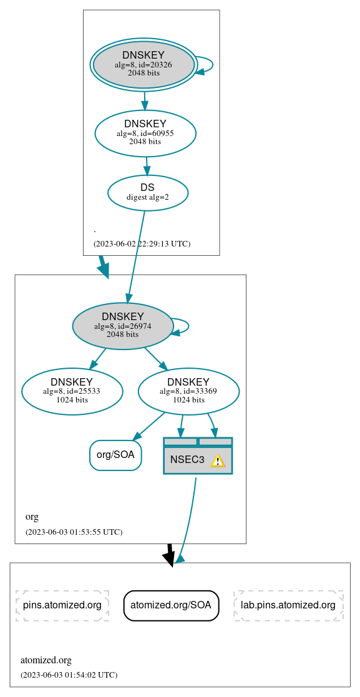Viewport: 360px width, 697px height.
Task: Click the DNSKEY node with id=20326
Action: (144, 64)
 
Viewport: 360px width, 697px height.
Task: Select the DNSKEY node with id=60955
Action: (145, 133)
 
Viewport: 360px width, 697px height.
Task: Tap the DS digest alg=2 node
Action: (148, 193)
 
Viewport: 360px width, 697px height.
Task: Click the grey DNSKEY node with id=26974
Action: (123, 326)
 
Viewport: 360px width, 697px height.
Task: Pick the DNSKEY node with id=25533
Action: (72, 391)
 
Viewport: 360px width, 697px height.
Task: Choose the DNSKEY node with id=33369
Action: (188, 391)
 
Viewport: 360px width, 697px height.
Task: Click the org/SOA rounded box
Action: (115, 455)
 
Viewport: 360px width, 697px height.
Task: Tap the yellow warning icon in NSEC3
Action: (217, 461)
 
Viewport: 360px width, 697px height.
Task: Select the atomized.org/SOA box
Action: (172, 605)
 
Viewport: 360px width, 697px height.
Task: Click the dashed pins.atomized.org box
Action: (62, 605)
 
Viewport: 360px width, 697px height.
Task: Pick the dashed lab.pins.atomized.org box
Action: (288, 605)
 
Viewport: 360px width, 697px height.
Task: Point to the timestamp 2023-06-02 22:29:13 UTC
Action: (142, 244)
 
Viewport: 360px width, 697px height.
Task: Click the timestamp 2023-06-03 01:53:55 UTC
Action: (74, 532)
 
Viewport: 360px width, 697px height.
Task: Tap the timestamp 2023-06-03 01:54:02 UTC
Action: (69, 675)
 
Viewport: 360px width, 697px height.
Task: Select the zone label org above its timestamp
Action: (32, 517)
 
